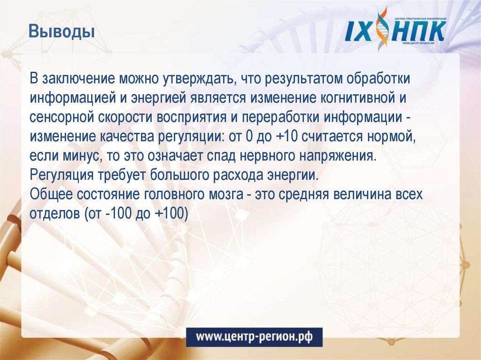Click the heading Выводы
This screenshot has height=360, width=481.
coord(62,33)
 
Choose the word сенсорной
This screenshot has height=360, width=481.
coord(62,117)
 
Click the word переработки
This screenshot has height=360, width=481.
coord(272,117)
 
